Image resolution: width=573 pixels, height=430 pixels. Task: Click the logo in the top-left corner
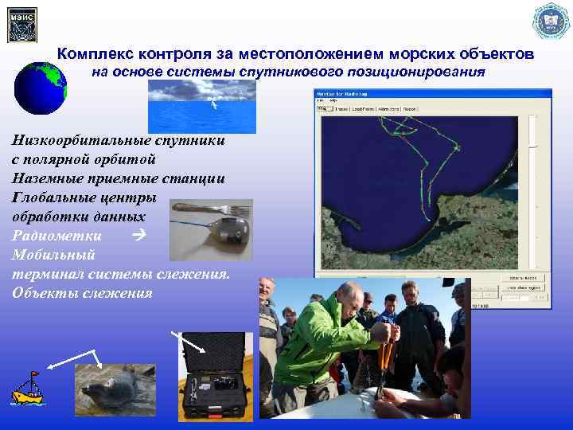21,24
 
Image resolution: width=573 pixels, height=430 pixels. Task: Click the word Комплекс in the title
96,55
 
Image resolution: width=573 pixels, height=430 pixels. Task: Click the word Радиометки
57,235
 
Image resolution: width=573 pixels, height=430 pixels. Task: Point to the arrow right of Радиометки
138,235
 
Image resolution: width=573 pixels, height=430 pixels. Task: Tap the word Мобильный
53,255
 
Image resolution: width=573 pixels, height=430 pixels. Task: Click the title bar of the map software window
430,93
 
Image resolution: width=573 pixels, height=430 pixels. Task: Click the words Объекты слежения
81,292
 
